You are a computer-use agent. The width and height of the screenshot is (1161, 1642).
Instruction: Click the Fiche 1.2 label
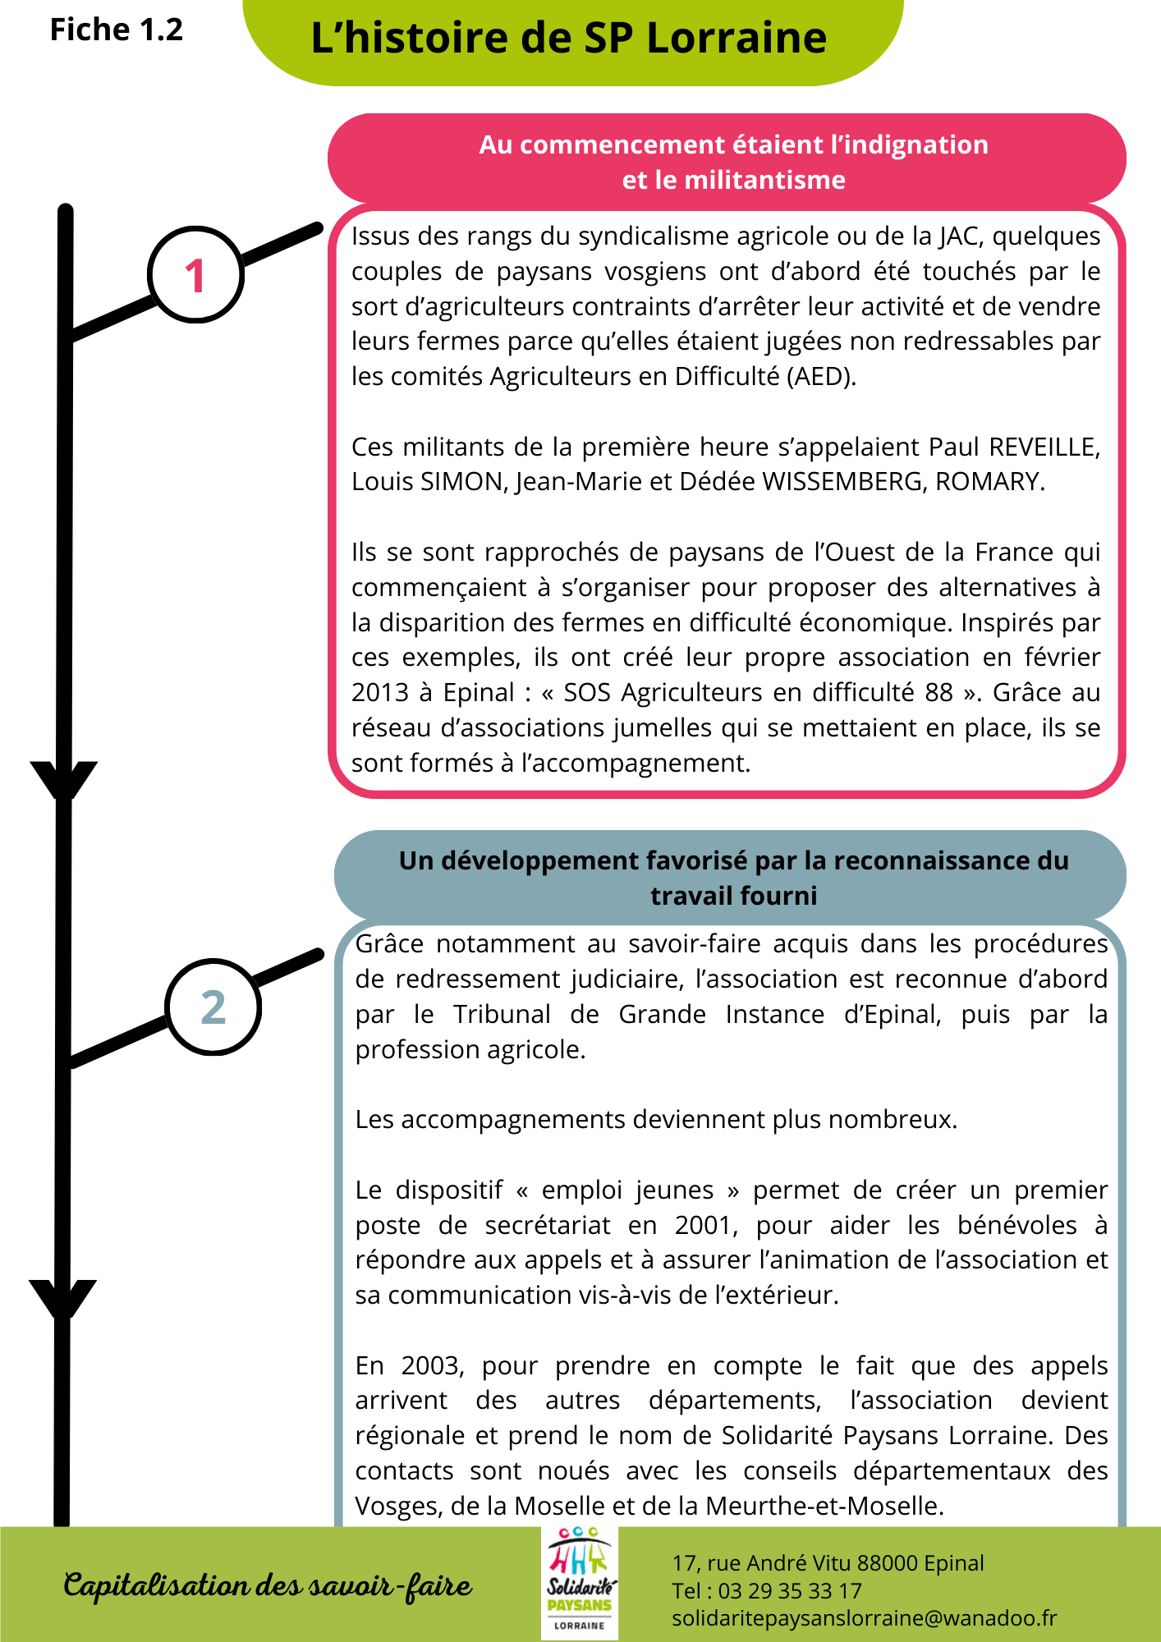tap(116, 30)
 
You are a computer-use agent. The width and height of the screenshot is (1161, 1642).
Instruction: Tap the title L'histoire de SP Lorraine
tap(568, 39)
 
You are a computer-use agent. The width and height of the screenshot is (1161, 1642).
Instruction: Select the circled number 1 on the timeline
tap(195, 275)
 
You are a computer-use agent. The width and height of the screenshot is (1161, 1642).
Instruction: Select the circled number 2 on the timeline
tap(213, 1007)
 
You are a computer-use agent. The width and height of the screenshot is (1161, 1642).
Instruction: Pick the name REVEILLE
tap(1043, 447)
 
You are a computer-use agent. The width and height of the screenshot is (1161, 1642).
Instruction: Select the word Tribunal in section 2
tap(502, 1015)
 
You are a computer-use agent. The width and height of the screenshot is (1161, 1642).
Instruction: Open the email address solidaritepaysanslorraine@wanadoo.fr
tap(864, 1618)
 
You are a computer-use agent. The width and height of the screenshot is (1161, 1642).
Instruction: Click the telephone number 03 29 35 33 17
tap(790, 1591)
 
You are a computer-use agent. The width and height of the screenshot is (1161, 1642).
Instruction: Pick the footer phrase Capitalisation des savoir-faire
tap(268, 1585)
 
